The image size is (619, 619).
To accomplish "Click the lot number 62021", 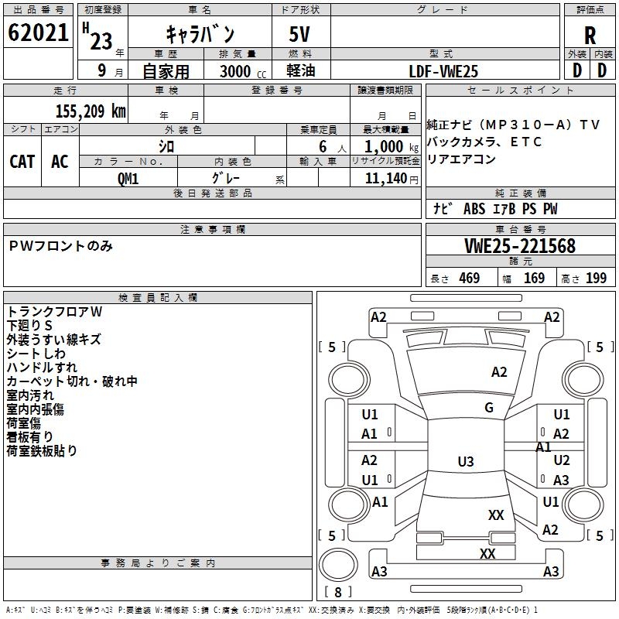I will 38,35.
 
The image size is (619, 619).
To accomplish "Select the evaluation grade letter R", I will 590,36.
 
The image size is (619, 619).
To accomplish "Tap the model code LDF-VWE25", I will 443,71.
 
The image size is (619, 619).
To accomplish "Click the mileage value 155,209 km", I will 90,111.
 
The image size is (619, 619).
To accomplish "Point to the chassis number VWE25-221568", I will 519,247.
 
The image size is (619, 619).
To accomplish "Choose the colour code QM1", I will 128,178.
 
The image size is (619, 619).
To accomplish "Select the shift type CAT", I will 22,161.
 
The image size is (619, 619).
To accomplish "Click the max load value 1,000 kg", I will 385,146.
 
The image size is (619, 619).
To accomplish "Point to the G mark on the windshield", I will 488,408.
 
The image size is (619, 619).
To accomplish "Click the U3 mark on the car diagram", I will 465,462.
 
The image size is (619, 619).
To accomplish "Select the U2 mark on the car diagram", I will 562,460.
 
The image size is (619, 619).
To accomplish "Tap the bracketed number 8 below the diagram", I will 338,592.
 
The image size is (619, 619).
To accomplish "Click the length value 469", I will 469,279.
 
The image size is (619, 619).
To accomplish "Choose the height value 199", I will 596,279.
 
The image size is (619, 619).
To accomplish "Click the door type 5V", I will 301,35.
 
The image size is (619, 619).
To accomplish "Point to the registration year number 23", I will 101,40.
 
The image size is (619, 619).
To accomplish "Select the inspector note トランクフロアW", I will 54,312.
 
